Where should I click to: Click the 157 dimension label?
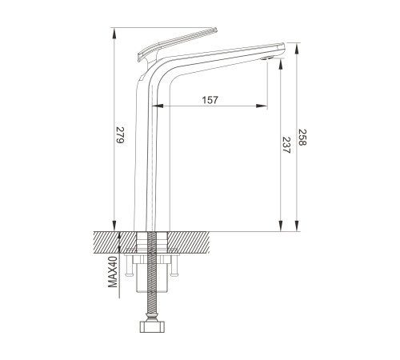coord(210,100)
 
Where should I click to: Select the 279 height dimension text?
coord(120,135)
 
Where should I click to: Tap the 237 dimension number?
coord(286,145)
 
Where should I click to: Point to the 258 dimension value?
coord(302,138)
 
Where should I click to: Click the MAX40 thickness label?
coord(113,271)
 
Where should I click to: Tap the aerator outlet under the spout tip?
coord(266,58)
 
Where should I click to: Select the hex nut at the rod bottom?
coord(152,327)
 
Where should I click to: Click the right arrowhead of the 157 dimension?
coord(262,106)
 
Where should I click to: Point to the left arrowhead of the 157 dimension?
coord(158,106)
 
